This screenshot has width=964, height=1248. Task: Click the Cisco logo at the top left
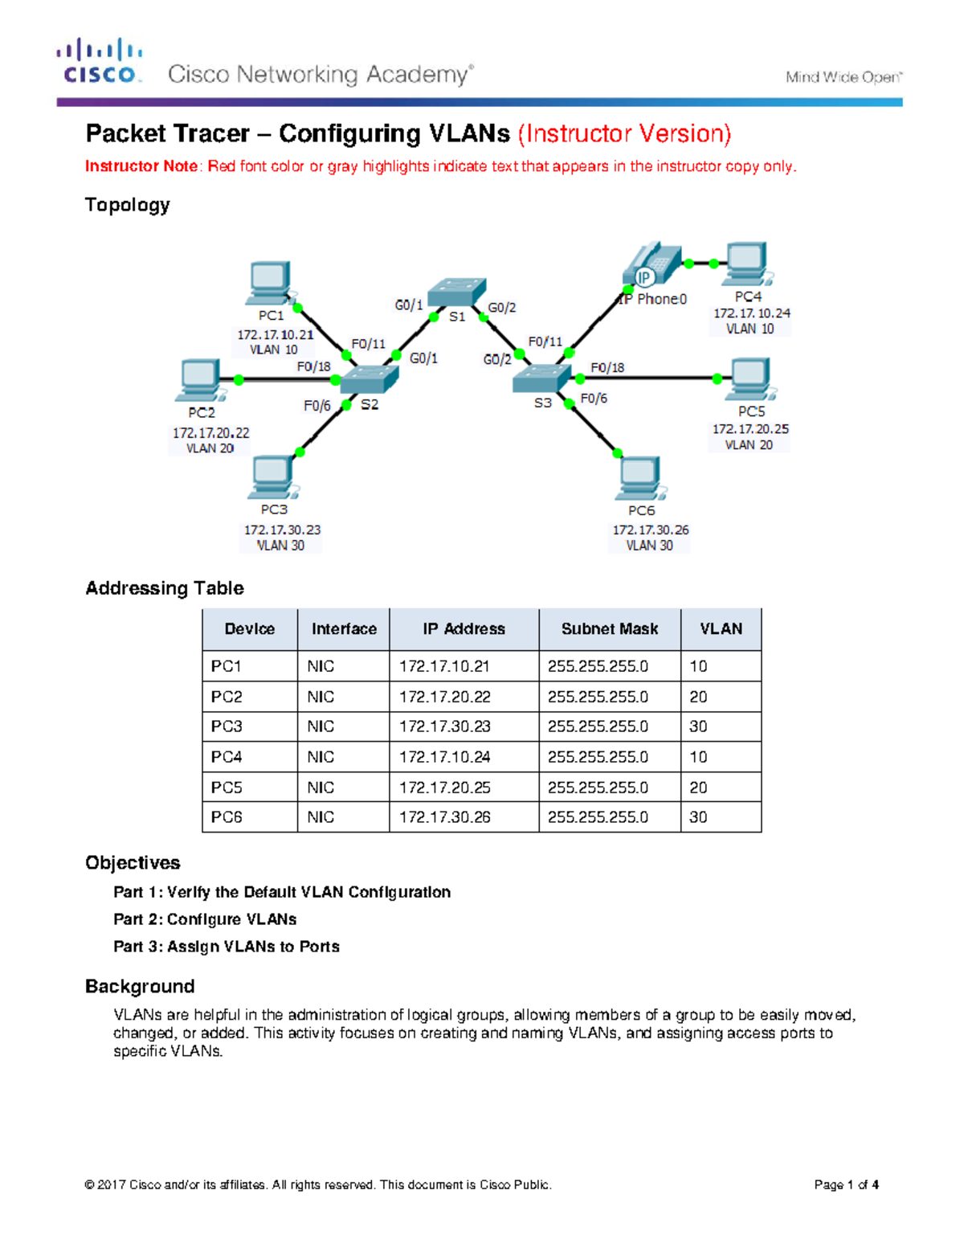click(x=100, y=61)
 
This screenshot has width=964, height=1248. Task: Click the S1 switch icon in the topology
click(x=456, y=292)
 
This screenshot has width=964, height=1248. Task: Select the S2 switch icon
click(x=369, y=379)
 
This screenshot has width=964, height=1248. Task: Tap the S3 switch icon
click(x=541, y=378)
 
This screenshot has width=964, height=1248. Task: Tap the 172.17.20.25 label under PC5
click(x=750, y=429)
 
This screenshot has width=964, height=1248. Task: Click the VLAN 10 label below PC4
click(x=750, y=329)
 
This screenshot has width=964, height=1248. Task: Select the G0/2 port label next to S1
click(x=502, y=308)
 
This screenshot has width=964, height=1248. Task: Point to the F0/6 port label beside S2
click(x=317, y=406)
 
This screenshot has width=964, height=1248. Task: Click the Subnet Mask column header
click(x=609, y=629)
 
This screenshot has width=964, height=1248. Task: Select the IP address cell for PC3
click(x=444, y=726)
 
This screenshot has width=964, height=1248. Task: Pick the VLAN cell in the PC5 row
click(x=698, y=788)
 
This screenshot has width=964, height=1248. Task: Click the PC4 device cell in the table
click(x=227, y=757)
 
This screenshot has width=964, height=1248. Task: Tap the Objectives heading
click(x=133, y=863)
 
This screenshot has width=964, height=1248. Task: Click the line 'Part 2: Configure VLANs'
click(x=205, y=919)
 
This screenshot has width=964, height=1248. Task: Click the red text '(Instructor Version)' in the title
click(x=624, y=133)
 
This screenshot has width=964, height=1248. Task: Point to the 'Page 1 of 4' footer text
click(x=846, y=1185)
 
